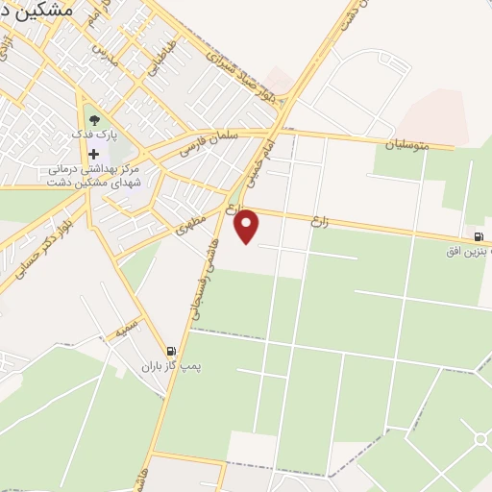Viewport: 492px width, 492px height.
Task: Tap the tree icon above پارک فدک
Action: point(94,120)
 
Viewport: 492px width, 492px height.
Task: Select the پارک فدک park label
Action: point(94,135)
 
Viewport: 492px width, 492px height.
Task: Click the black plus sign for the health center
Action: point(93,155)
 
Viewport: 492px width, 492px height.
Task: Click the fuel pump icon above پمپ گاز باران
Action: point(171,352)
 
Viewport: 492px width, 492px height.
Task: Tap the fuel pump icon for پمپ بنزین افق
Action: point(479,237)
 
